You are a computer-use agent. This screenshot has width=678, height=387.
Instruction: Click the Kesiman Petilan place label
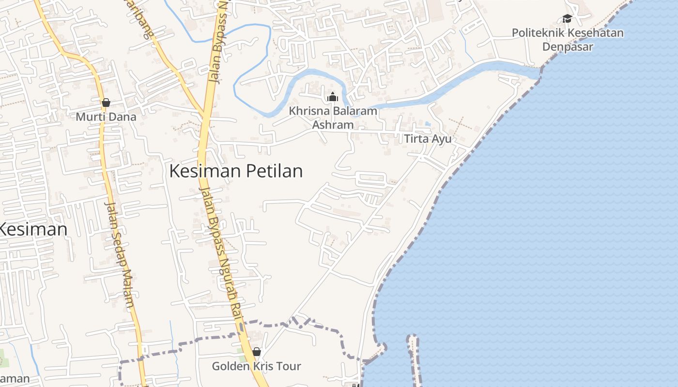click(236, 171)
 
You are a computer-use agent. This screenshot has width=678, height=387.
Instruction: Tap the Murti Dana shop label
click(106, 117)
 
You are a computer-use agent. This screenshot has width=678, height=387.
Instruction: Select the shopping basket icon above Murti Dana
click(106, 103)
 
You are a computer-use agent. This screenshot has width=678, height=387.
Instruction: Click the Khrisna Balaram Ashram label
click(333, 118)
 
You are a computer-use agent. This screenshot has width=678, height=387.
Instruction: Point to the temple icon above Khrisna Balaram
click(333, 97)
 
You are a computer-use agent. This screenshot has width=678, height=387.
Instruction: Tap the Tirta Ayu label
click(428, 139)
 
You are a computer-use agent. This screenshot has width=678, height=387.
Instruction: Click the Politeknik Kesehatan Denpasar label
click(568, 40)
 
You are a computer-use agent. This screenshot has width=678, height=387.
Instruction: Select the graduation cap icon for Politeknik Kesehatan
click(567, 19)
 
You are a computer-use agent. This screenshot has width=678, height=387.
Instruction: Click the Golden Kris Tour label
click(256, 366)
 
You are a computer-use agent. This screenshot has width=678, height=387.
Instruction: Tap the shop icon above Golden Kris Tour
click(257, 352)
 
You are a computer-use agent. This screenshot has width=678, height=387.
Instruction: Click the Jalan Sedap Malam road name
click(119, 254)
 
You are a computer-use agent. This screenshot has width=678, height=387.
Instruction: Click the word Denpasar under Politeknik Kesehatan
click(568, 47)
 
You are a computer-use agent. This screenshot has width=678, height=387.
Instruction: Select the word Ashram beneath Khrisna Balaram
click(333, 125)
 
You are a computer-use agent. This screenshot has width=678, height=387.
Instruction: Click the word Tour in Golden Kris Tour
click(289, 366)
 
